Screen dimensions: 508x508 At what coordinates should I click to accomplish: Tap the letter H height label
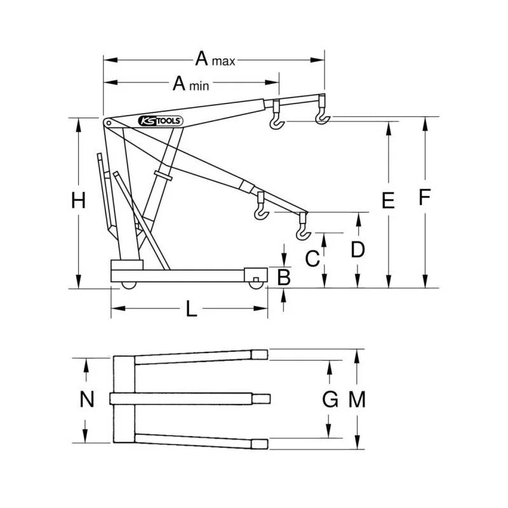pyautogui.click(x=78, y=201)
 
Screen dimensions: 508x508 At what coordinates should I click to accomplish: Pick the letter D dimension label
pyautogui.click(x=358, y=250)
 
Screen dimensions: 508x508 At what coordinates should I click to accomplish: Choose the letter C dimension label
pyautogui.click(x=312, y=258)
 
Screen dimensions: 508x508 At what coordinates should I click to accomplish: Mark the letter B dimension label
pyautogui.click(x=284, y=277)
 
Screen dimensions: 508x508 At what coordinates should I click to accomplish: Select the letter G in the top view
pyautogui.click(x=330, y=399)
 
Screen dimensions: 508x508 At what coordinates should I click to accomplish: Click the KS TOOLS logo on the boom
pyautogui.click(x=161, y=120)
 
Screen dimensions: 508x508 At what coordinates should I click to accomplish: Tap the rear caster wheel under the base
pyautogui.click(x=129, y=285)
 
